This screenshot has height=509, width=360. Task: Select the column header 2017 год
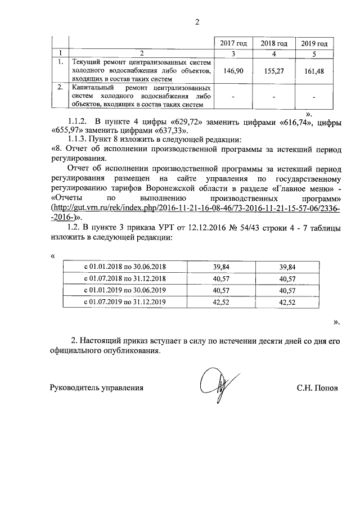[x=233, y=43]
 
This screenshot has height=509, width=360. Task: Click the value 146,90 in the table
[x=233, y=71]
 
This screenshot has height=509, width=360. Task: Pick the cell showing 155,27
[x=273, y=71]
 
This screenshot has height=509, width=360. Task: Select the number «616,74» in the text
[x=285, y=121]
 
